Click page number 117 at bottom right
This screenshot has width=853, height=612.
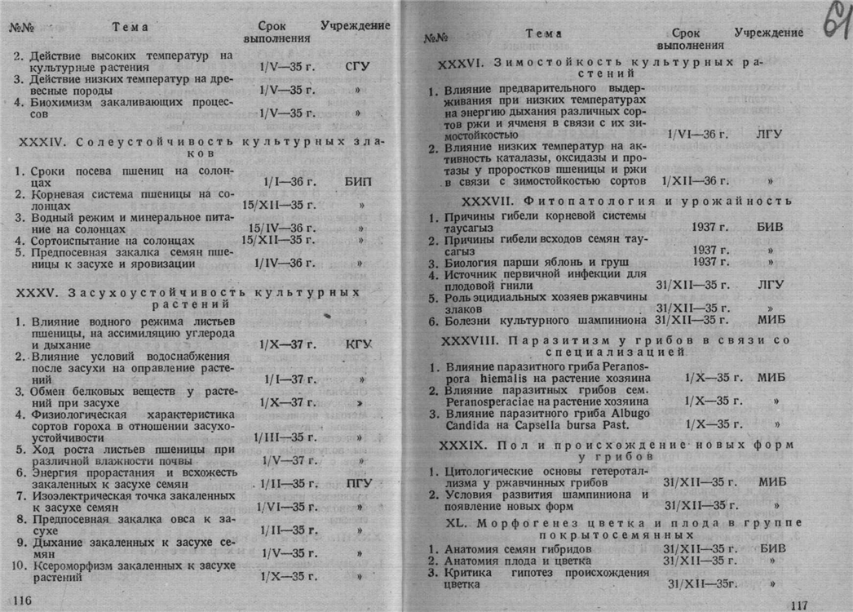tap(799, 604)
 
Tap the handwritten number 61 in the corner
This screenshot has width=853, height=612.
tap(833, 20)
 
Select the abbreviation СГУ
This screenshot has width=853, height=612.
tap(357, 67)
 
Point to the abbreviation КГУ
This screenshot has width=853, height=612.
tap(359, 344)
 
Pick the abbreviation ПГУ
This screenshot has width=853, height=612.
tap(359, 483)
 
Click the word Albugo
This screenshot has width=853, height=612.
tap(630, 413)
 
